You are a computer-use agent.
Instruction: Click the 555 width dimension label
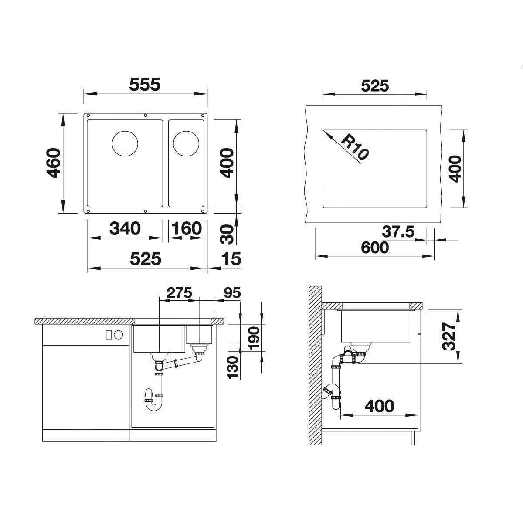[x=145, y=84]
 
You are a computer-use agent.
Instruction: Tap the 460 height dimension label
[x=54, y=163]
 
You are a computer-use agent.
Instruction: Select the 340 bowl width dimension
[x=125, y=228]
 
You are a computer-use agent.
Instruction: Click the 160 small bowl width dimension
[x=187, y=228]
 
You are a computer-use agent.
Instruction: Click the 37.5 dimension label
[x=398, y=232]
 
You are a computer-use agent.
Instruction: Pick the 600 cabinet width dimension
[x=375, y=248]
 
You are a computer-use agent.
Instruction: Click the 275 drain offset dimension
[x=179, y=293]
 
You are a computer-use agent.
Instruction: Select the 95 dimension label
[x=232, y=293]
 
